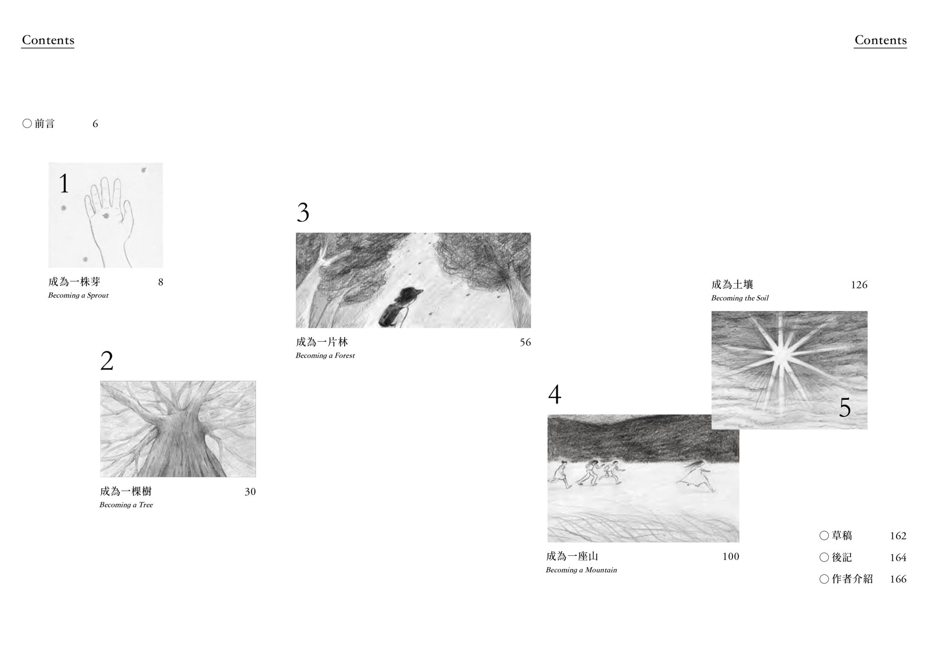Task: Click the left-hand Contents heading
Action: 48,40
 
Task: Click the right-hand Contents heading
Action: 880,40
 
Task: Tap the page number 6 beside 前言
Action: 95,124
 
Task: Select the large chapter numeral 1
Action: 64,183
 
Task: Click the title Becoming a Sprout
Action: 78,295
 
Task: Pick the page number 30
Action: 250,492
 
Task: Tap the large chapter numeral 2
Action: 107,361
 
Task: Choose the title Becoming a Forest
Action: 325,356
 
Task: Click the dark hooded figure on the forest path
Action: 400,306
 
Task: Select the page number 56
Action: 525,342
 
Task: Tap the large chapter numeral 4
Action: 555,395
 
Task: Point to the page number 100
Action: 731,556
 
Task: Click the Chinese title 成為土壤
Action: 732,285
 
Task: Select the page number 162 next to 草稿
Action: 898,536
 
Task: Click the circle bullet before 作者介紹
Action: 824,579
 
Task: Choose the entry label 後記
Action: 842,557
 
